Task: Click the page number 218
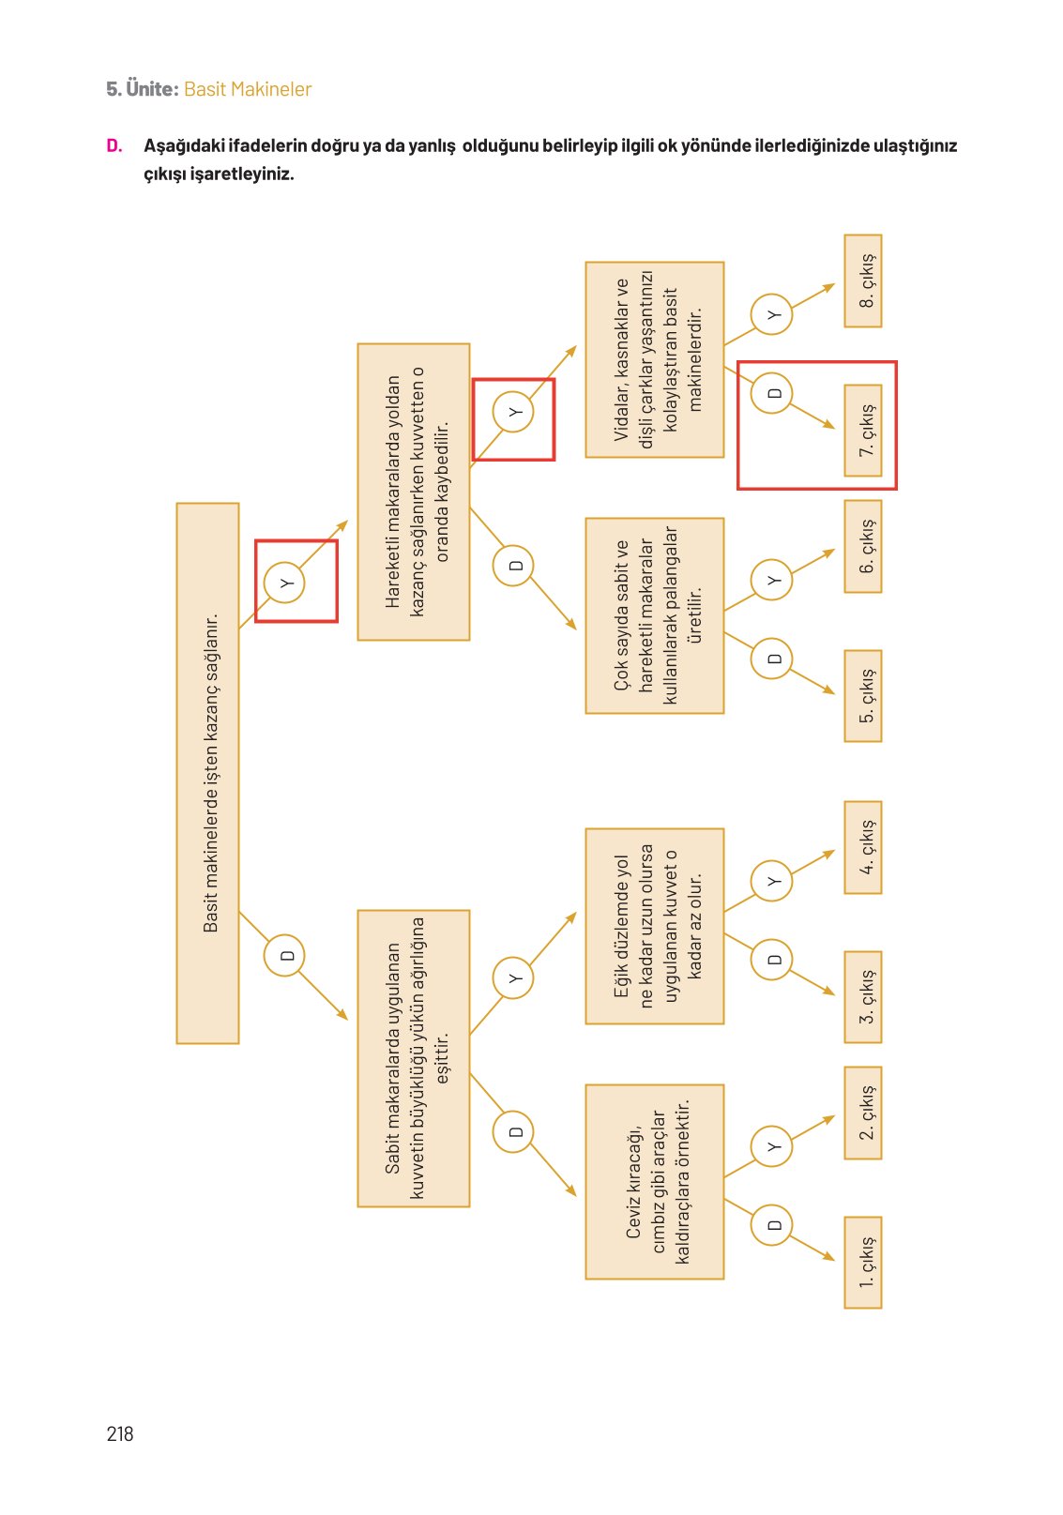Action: (x=120, y=1433)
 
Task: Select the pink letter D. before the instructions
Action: (x=114, y=145)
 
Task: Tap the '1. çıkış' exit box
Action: (x=863, y=1262)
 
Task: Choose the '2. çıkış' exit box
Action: (x=863, y=1113)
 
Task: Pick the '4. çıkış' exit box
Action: (x=863, y=847)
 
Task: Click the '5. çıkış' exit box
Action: (x=863, y=695)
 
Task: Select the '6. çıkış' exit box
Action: (x=863, y=546)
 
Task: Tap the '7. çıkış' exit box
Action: (x=863, y=431)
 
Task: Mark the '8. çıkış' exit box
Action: (x=863, y=280)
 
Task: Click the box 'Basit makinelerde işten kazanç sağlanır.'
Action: (x=208, y=773)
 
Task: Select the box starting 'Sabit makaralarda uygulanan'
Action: (x=414, y=1057)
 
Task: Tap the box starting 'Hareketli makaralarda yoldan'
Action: (x=414, y=492)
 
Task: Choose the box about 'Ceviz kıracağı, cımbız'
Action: (x=655, y=1181)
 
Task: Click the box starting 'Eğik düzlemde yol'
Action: (x=655, y=926)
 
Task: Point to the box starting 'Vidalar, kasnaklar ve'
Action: (x=655, y=359)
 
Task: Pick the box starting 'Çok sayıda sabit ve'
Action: (x=655, y=615)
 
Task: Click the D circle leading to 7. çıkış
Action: (x=773, y=392)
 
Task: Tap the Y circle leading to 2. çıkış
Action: (x=773, y=1146)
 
